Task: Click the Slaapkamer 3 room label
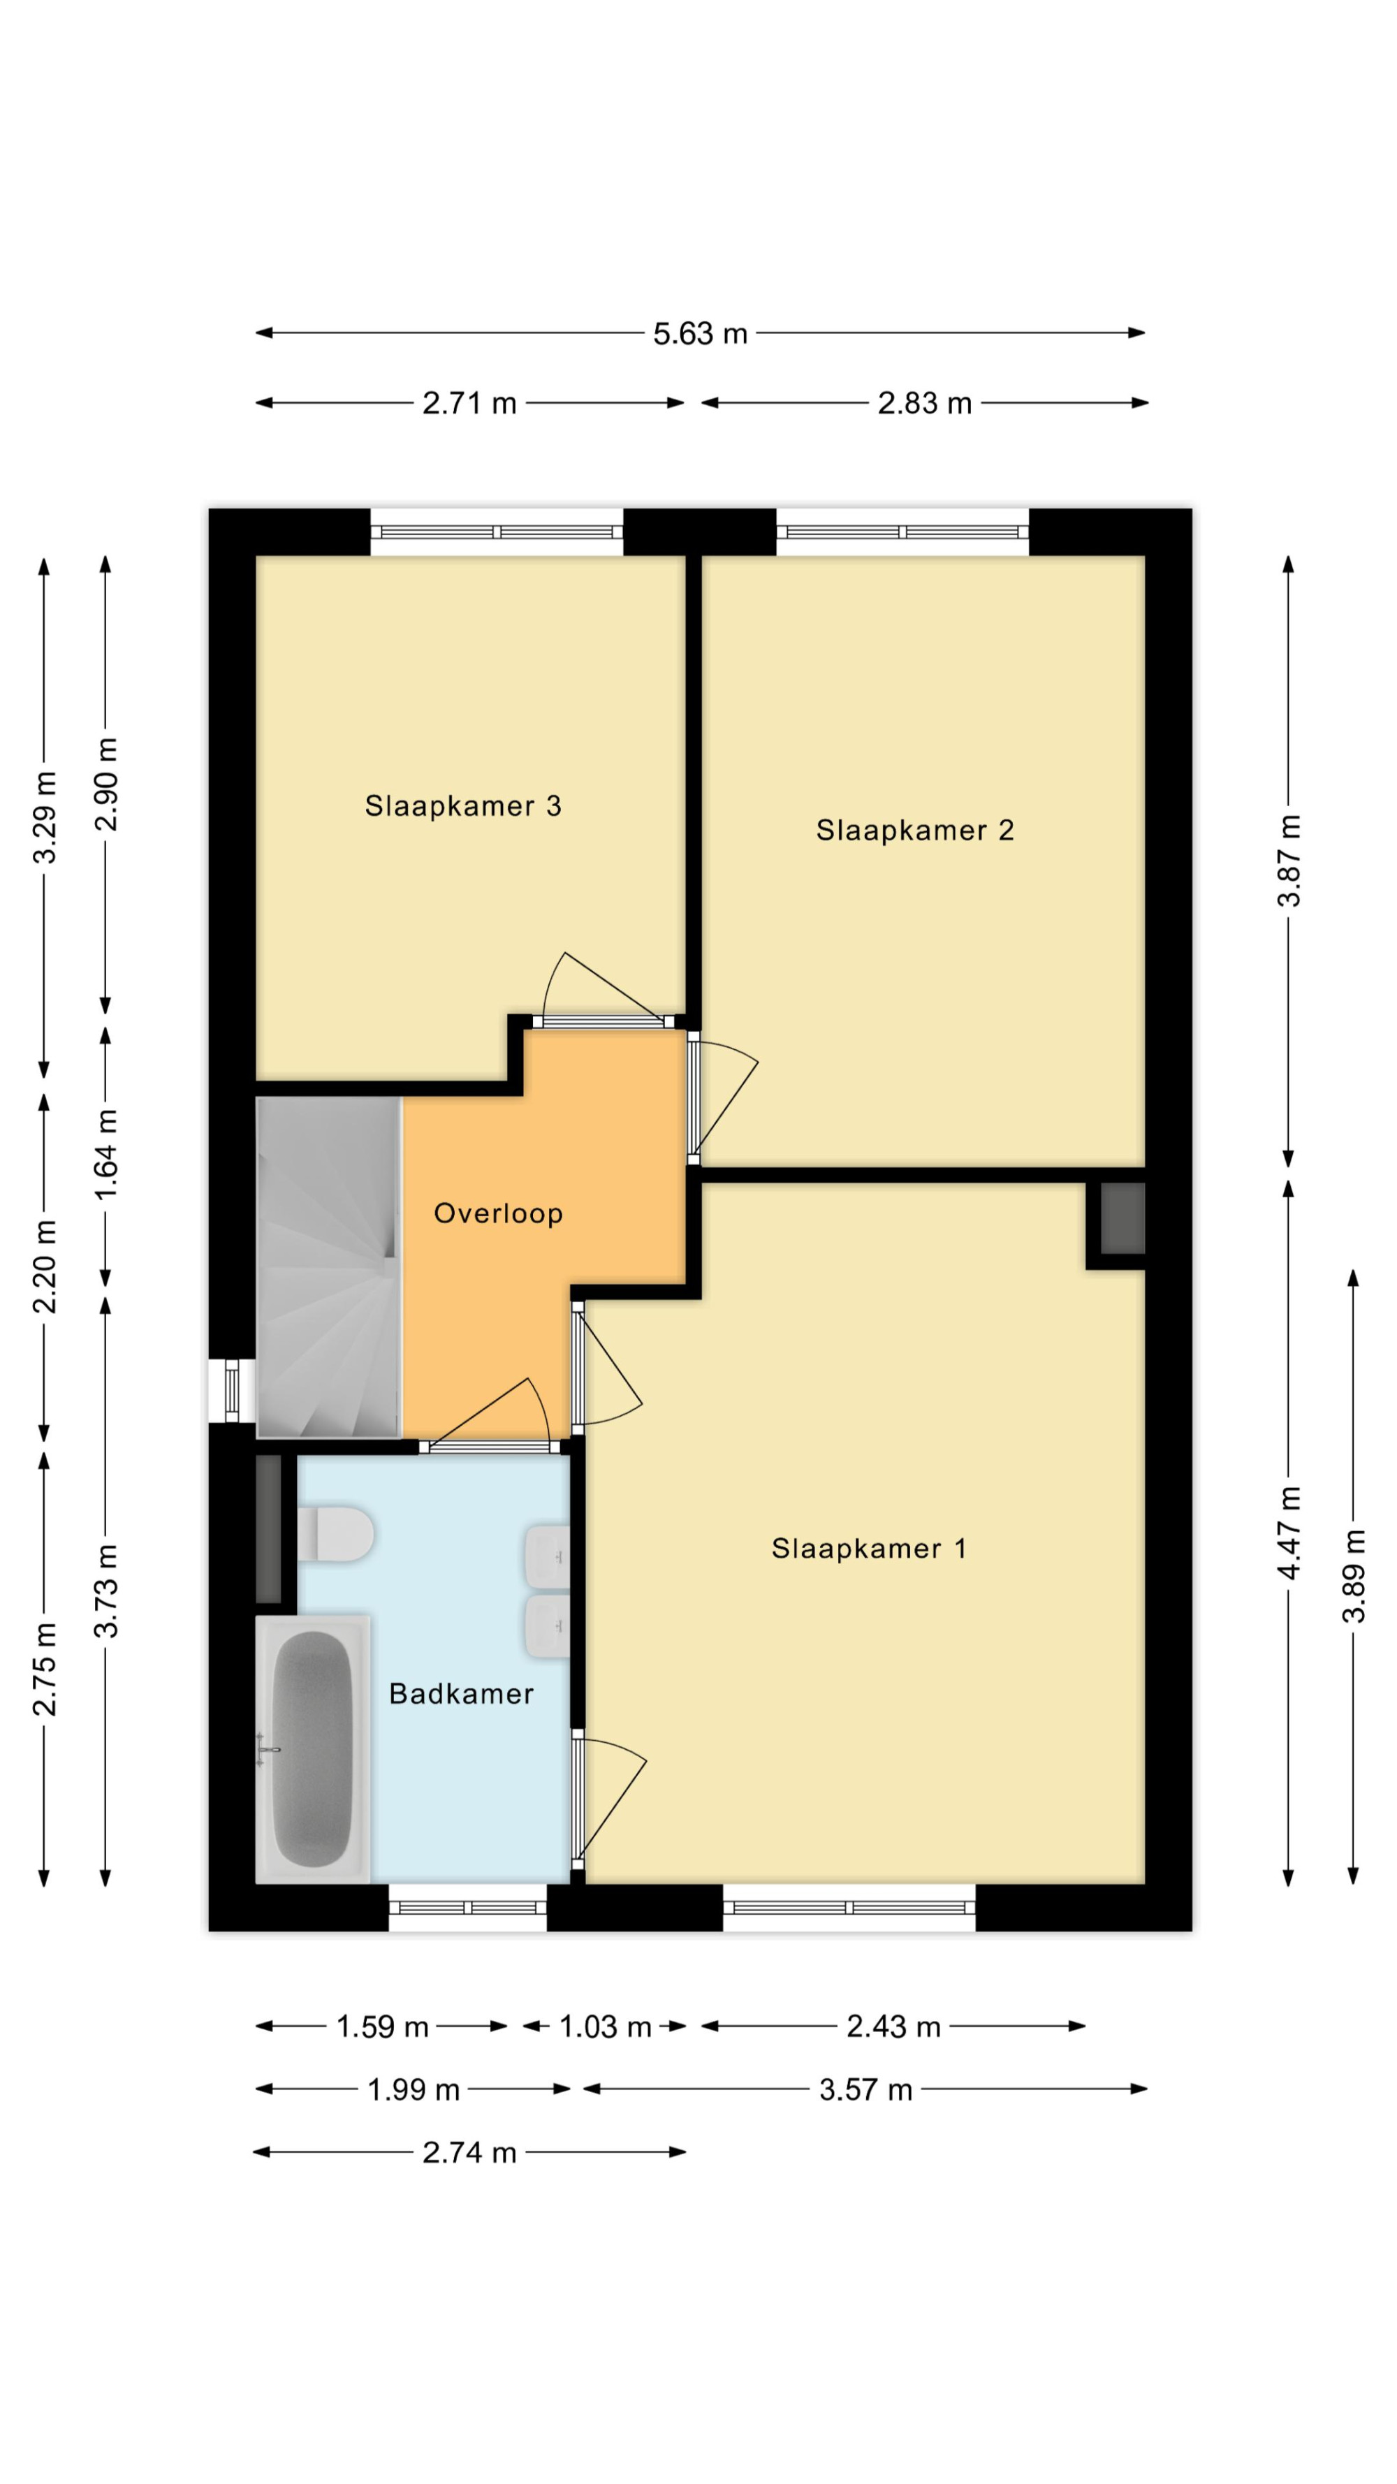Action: [x=463, y=806]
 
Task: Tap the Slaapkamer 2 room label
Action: [x=915, y=831]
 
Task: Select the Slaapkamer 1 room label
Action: [x=869, y=1549]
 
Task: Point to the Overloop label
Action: [x=499, y=1213]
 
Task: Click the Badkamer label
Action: [x=461, y=1694]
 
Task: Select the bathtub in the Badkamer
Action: [x=312, y=1749]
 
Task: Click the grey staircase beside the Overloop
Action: [x=328, y=1267]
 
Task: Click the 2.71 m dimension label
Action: [x=469, y=403]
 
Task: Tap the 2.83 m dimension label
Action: [x=925, y=403]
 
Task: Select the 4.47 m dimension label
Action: [x=1289, y=1533]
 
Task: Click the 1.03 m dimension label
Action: [x=606, y=2027]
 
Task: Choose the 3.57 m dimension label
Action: [x=865, y=2089]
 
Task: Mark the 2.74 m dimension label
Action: [x=469, y=2152]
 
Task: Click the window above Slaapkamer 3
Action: [x=497, y=532]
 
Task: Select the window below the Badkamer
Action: [x=467, y=1907]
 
